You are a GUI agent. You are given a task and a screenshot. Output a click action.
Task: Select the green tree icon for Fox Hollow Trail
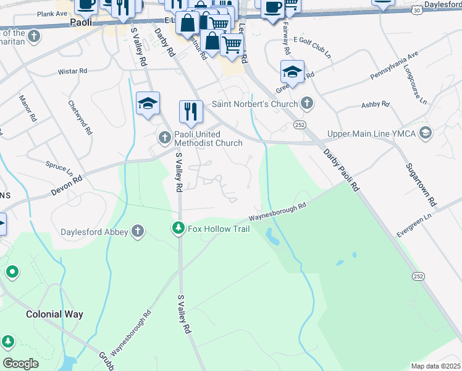click(x=178, y=229)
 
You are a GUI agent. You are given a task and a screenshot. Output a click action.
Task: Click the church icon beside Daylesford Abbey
click(x=137, y=232)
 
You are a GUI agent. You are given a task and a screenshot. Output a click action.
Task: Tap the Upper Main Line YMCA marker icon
click(x=425, y=132)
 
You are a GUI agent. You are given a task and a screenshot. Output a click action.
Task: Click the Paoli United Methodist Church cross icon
click(x=165, y=137)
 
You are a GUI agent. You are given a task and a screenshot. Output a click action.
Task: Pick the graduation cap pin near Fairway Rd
click(x=292, y=72)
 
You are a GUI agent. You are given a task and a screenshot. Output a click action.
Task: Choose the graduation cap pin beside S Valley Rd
click(x=148, y=103)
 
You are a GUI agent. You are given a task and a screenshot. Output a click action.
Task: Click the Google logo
click(x=20, y=363)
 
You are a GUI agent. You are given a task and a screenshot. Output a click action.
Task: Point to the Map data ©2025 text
click(x=436, y=366)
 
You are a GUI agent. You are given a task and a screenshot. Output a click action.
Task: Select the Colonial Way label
click(x=54, y=314)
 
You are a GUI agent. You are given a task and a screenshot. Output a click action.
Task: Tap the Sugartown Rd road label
click(x=420, y=185)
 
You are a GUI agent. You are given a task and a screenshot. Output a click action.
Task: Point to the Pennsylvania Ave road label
click(x=394, y=67)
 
